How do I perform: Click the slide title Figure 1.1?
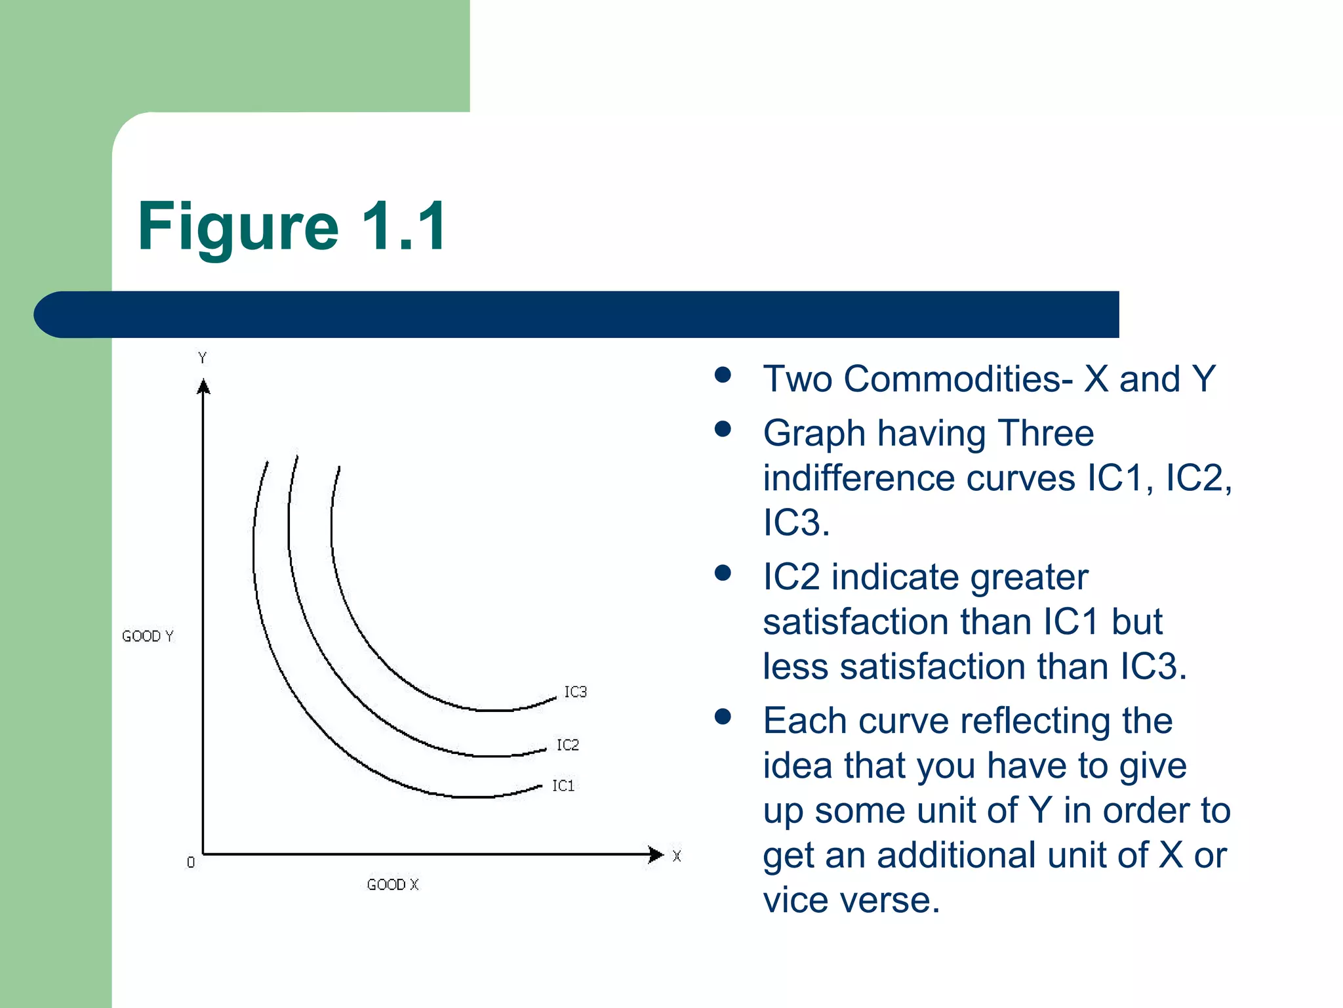click(292, 226)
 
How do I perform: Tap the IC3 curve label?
click(575, 692)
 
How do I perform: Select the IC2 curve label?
click(568, 745)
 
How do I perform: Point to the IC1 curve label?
click(563, 786)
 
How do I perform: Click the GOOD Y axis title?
click(148, 636)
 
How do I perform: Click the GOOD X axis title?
click(392, 885)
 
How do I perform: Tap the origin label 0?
click(191, 862)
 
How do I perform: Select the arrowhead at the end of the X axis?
click(655, 854)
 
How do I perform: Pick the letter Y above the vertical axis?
click(203, 358)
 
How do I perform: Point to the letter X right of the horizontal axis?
click(677, 856)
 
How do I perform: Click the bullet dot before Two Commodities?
click(723, 375)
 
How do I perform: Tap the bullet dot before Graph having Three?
click(723, 429)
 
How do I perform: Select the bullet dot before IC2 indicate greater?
click(723, 573)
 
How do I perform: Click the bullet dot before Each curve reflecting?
click(723, 716)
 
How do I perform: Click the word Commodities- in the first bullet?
click(958, 379)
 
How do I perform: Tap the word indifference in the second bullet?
click(858, 478)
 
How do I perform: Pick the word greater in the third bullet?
click(1029, 578)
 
